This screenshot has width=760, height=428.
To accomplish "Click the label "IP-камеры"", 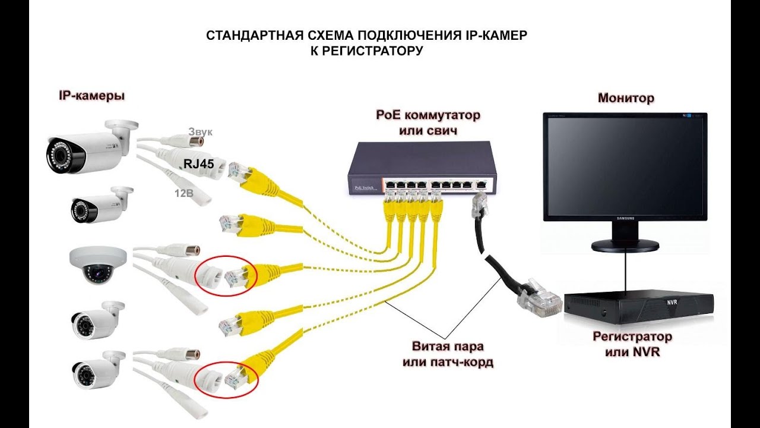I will point(91,95).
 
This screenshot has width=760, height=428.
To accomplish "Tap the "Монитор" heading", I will point(626,98).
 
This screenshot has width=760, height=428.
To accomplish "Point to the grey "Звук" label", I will point(200,131).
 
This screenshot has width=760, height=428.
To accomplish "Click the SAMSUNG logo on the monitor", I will point(624,219).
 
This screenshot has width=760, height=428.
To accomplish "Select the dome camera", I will point(97,265).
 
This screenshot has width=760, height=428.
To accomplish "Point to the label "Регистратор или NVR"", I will point(632,344).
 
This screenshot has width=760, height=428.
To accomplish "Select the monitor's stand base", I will point(625,244).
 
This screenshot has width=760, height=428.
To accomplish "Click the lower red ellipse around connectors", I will point(227,376).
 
